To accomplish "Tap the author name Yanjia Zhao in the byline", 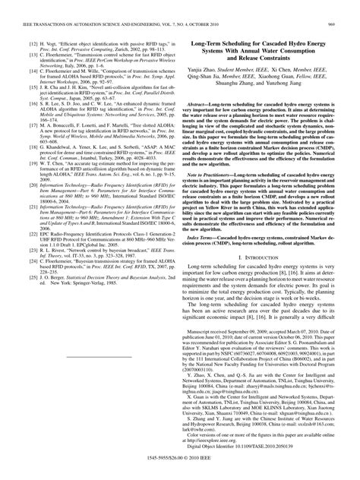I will pyautogui.click(x=210, y=71).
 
